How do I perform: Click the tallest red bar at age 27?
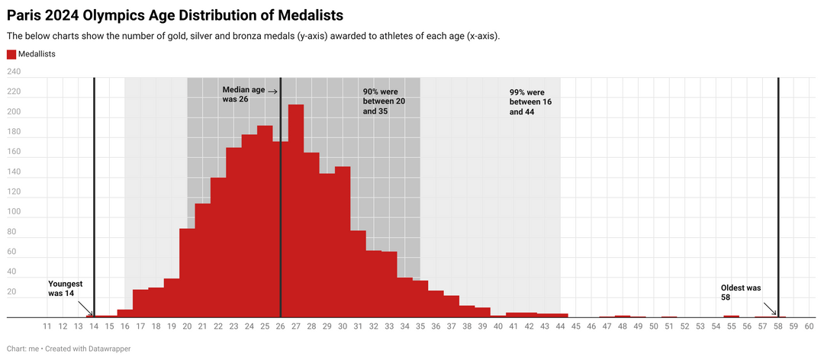[x=296, y=211]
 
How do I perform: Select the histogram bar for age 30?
[x=343, y=243]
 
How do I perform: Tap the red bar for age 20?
[x=187, y=273]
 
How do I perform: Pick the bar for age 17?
[x=140, y=304]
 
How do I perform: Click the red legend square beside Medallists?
[x=11, y=54]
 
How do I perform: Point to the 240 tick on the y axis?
[x=14, y=72]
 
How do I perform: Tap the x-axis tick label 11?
[x=47, y=326]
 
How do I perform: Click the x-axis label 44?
[x=560, y=326]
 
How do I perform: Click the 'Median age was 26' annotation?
[x=243, y=94]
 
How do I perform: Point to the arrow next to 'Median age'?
[x=272, y=92]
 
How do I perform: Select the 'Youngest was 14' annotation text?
[x=65, y=288]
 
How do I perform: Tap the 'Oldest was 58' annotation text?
[x=741, y=292]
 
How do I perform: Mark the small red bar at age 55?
[x=732, y=317]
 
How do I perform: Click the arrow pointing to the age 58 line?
[x=769, y=308]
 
